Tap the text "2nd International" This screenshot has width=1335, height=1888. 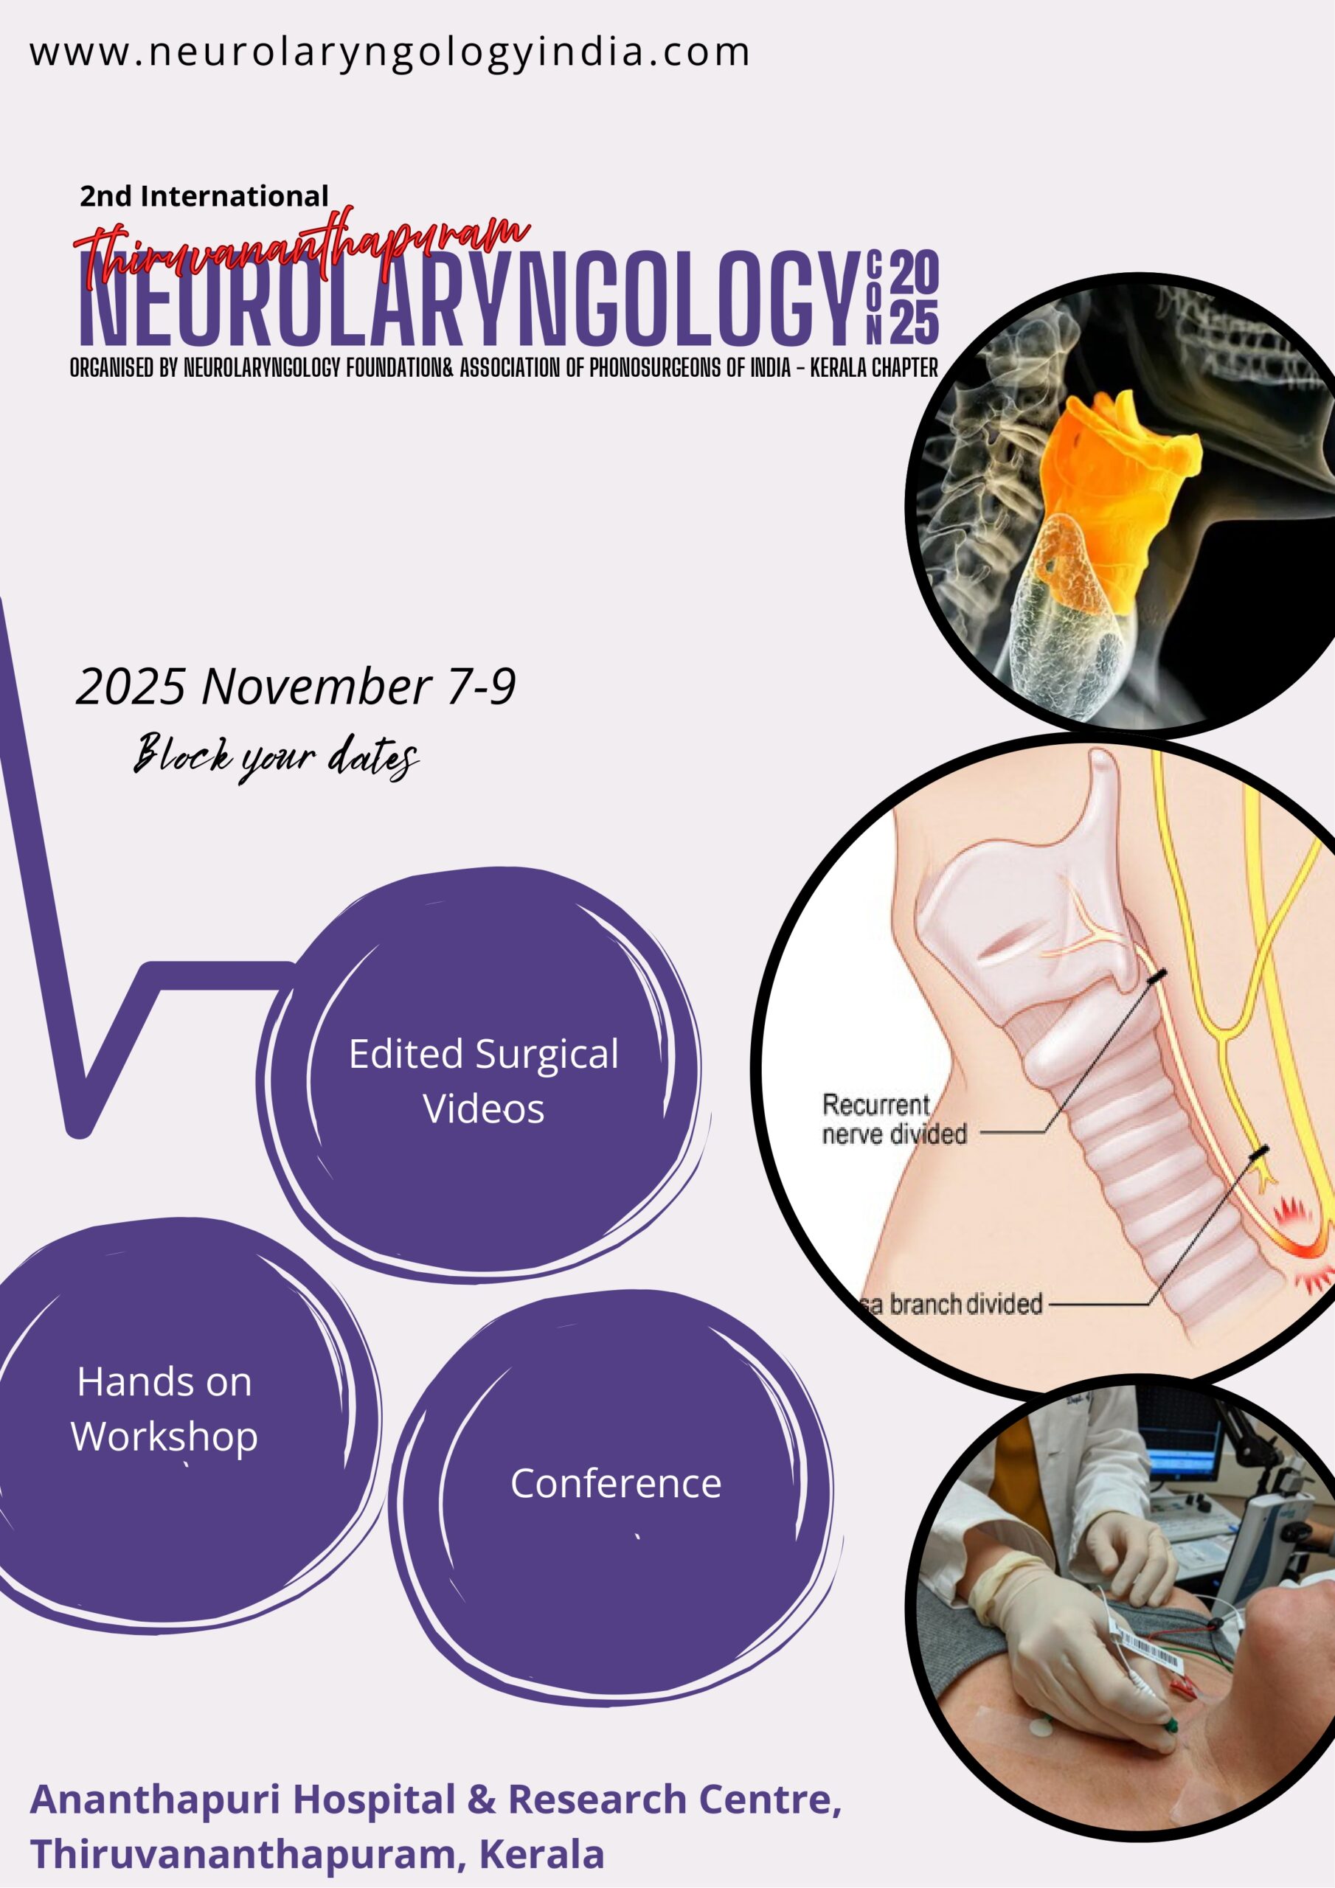click(204, 195)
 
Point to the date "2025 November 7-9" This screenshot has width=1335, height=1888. click(295, 686)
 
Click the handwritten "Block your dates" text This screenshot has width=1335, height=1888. click(277, 757)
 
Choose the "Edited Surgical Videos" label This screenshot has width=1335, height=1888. click(484, 1080)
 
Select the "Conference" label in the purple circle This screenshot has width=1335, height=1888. click(616, 1483)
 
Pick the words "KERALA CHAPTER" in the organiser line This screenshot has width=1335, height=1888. click(874, 367)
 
